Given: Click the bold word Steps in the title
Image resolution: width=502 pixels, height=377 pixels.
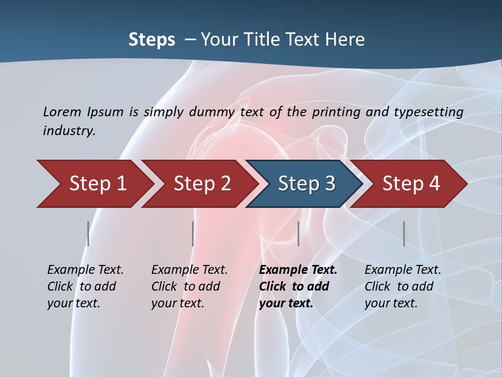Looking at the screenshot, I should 152,40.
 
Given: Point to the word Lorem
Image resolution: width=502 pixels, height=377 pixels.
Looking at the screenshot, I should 62,112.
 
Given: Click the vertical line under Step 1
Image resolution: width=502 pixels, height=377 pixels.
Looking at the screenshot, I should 88,234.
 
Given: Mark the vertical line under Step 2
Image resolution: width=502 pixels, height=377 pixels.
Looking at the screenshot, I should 193,234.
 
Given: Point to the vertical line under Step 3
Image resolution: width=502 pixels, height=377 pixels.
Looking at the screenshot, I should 298,234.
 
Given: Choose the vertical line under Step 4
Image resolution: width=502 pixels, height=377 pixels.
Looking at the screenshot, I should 404,234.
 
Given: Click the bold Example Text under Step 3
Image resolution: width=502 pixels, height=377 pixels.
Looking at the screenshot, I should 298,270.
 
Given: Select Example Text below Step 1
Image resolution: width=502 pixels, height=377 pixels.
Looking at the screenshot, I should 85,270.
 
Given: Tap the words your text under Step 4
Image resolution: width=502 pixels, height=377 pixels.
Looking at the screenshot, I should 391,304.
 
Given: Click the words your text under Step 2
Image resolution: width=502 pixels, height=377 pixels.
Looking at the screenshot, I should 177,304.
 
